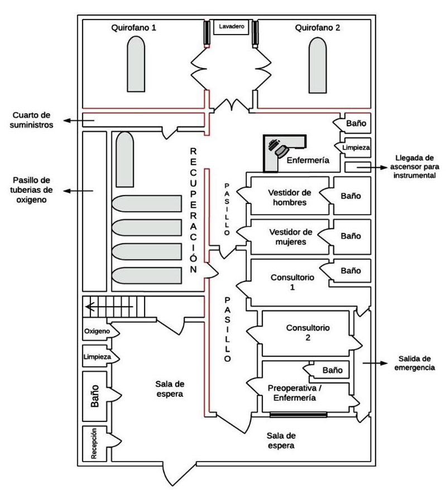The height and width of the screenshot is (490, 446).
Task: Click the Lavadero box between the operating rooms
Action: [x=232, y=27]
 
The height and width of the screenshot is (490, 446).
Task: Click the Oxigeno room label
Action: [x=100, y=332]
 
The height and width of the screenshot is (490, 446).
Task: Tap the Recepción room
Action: [x=95, y=444]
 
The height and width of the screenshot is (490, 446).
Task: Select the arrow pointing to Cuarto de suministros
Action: [x=73, y=120]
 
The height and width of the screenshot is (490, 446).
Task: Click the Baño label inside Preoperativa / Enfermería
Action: [x=332, y=369]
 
